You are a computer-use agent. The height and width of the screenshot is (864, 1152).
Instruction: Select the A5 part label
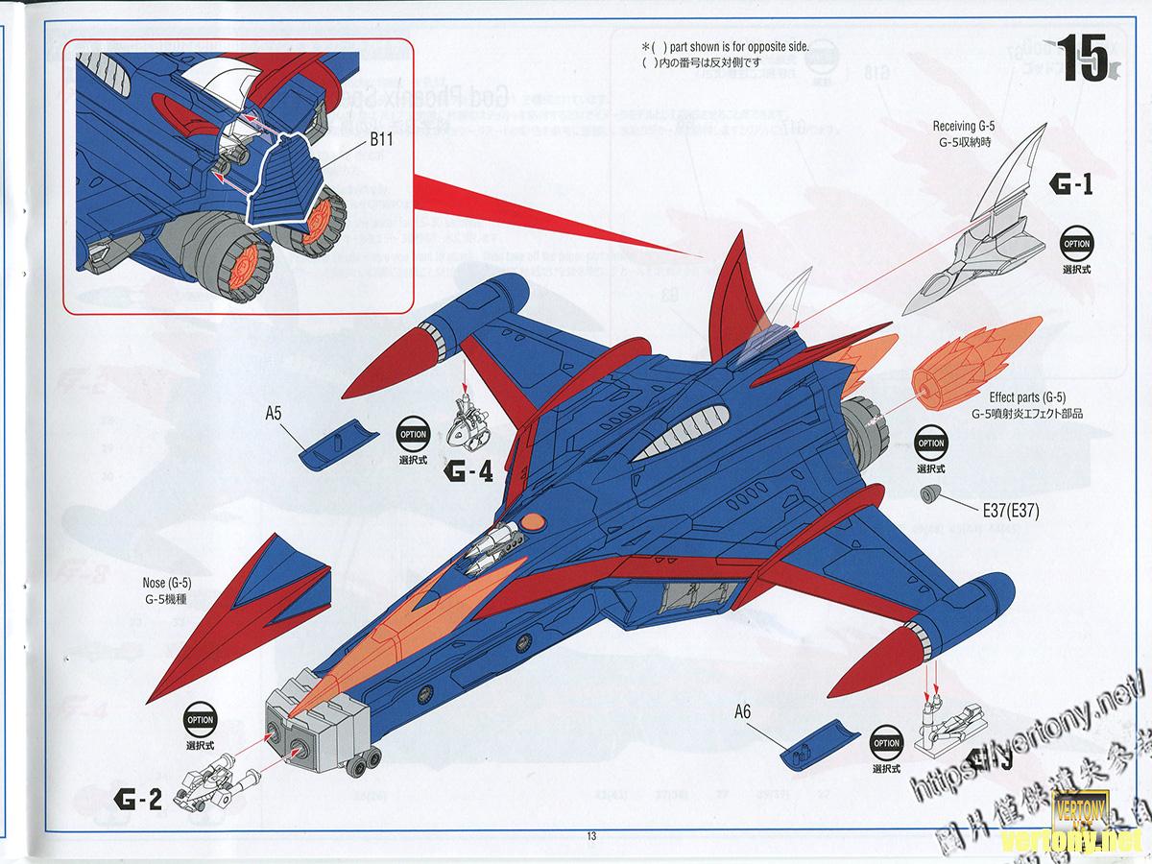(x=273, y=415)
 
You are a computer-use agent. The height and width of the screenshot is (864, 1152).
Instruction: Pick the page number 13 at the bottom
(x=590, y=836)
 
